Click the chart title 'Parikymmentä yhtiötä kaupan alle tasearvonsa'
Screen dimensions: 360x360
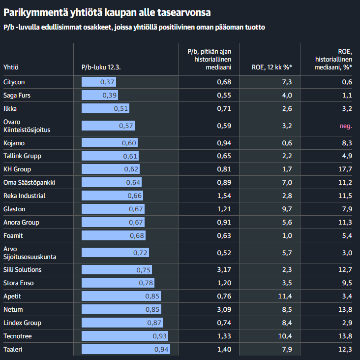107,11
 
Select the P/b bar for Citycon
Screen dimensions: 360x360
99,82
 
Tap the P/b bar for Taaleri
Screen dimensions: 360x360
126,349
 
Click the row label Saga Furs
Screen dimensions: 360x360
17,95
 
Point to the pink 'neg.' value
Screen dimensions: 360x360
346,126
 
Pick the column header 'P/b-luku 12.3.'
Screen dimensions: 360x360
101,67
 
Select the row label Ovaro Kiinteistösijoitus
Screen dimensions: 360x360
27,126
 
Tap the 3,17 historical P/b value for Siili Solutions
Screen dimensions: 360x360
224,270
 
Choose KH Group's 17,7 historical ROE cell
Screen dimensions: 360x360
346,169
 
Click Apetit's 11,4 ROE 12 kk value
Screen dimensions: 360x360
285,296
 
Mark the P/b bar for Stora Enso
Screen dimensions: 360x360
118,283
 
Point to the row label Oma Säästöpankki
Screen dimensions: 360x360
29,183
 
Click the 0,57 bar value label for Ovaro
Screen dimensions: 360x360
126,126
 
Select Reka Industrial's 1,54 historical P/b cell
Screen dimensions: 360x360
224,196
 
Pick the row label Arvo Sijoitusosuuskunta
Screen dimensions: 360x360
30,253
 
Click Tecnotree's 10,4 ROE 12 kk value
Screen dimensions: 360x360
285,336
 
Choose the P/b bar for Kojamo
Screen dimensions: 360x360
110,143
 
